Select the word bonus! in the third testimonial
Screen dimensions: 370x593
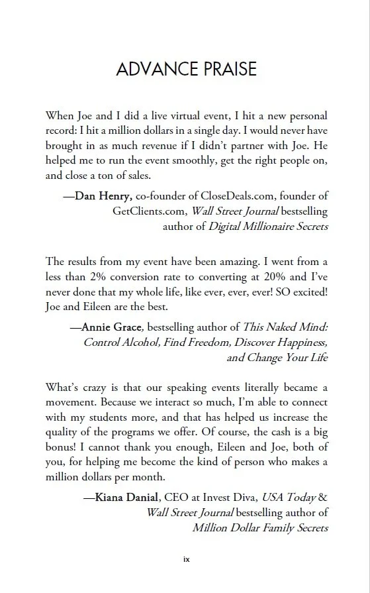click(62, 447)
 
